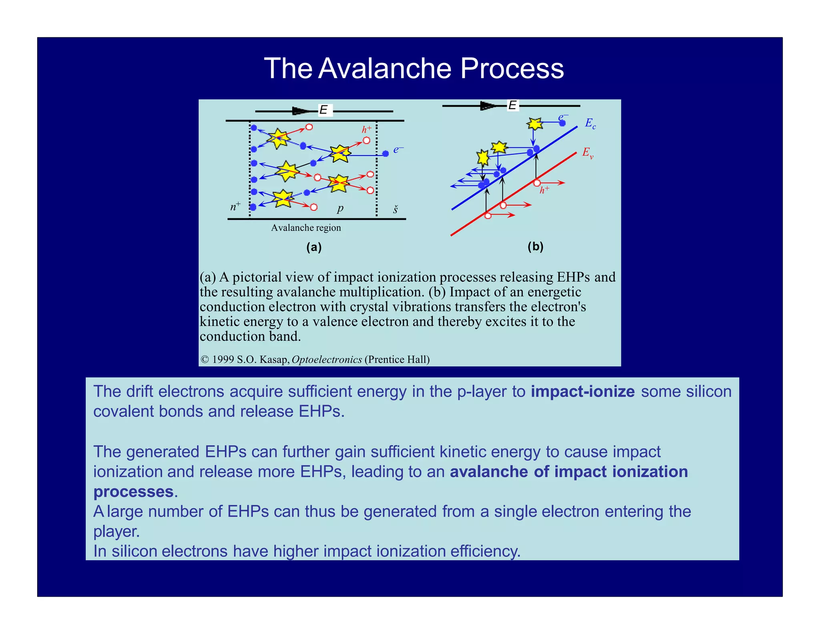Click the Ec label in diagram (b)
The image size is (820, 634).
coord(590,123)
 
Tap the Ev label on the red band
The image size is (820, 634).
coord(587,153)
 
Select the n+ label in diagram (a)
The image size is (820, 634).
coord(235,206)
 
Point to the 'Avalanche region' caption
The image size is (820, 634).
coord(306,228)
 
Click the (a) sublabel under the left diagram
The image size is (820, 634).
coord(314,247)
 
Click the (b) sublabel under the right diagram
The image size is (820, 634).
coord(535,246)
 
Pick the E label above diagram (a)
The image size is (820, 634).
coord(324,110)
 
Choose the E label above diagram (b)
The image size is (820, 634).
coord(512,105)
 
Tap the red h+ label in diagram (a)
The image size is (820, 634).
coord(366,129)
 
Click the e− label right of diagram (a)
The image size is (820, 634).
coord(398,149)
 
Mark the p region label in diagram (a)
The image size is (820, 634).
coord(340,208)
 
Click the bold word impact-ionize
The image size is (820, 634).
coord(583,392)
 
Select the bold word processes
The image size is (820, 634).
coord(133,492)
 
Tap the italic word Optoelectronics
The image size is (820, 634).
coord(327,359)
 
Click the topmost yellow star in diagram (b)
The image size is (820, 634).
coord(535,123)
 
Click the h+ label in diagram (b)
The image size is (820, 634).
coord(544,190)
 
